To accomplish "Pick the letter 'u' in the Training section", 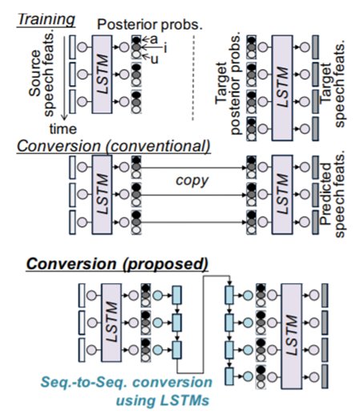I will tap(157, 59).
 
